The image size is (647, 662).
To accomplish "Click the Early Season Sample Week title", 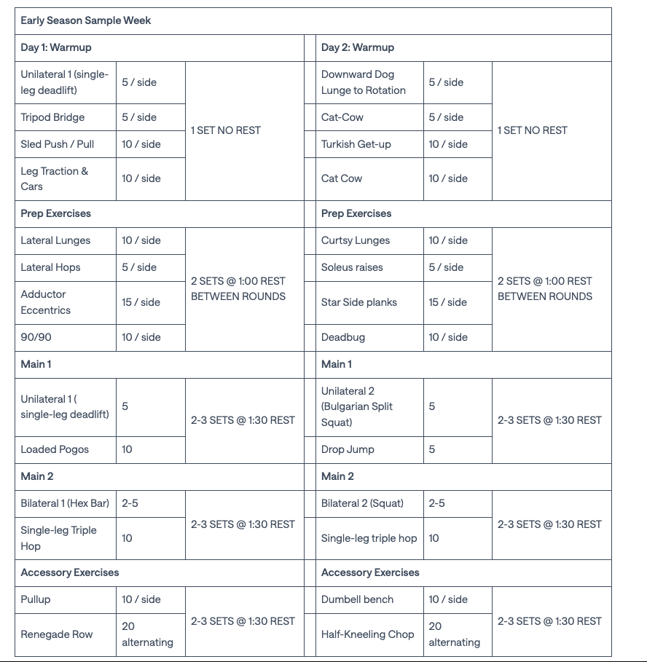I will [86, 20].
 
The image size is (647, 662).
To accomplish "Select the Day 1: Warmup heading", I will [56, 47].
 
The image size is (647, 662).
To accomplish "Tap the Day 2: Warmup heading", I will [358, 47].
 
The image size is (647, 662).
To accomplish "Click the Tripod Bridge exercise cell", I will [52, 117].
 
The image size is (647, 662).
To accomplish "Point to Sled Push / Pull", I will [58, 144].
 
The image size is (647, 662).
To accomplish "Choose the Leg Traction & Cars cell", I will [54, 178].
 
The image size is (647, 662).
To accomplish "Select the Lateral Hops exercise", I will [51, 267].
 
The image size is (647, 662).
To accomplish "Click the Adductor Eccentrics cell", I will [46, 302].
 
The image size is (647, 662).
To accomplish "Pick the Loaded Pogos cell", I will [55, 449].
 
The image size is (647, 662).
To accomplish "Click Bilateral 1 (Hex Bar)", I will [65, 503].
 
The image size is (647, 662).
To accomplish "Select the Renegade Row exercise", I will [57, 634].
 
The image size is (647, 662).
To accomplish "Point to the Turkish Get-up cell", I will [356, 144].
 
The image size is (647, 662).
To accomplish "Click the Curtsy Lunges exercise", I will [356, 240].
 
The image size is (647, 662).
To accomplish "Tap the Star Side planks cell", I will [359, 302].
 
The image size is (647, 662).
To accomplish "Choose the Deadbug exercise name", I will [343, 337].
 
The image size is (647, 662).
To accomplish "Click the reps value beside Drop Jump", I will [432, 449].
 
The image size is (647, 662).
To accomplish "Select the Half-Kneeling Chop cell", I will [368, 634].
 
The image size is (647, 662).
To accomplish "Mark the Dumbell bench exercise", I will [357, 599].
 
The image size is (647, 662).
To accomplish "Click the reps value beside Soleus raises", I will [446, 267].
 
